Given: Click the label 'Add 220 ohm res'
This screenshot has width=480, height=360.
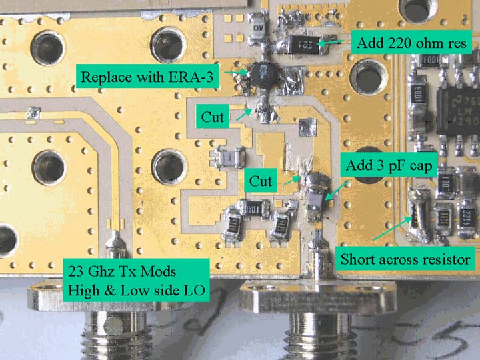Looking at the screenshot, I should click(414, 44).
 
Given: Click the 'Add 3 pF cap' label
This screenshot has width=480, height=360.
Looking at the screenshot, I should click(389, 166).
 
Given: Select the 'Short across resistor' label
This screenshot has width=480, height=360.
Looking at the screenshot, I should click(406, 258).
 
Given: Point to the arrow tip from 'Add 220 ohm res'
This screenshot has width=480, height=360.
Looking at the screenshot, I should click(319, 44).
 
